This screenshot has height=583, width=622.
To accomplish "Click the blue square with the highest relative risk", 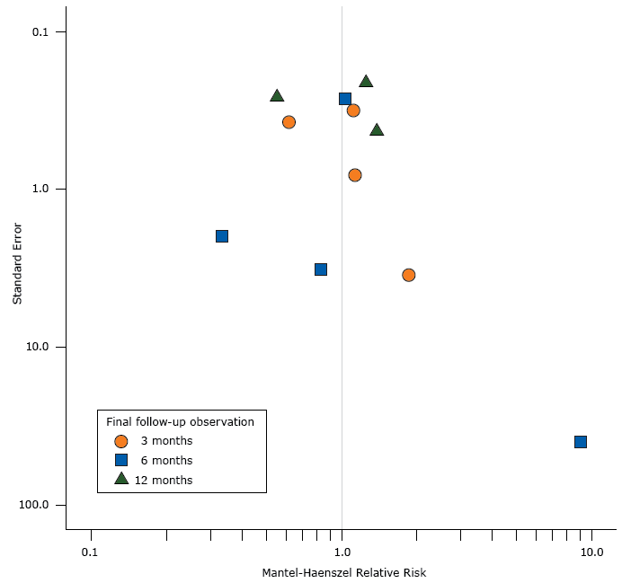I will click(581, 441).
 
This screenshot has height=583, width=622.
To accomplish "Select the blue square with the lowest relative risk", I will click(222, 236).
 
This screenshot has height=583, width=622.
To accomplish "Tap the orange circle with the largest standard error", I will click(409, 275).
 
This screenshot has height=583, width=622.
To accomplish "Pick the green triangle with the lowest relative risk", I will click(277, 96).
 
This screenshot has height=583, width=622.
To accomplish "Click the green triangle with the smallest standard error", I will click(366, 82).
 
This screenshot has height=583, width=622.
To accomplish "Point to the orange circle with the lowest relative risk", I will click(289, 122).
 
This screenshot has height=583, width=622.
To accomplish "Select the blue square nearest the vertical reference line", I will click(345, 99).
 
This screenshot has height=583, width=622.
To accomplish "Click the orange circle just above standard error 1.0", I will click(355, 175).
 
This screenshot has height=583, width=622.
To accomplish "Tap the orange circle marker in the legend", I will click(121, 441).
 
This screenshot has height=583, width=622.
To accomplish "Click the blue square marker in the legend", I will click(121, 460).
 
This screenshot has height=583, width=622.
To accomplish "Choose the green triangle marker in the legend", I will click(121, 479).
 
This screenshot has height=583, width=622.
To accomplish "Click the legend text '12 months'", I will click(164, 481).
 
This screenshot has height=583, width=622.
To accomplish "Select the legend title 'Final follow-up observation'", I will click(180, 421).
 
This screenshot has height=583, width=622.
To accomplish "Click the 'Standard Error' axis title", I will click(17, 269).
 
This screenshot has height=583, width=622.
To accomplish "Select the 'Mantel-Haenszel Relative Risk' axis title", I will click(343, 572).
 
